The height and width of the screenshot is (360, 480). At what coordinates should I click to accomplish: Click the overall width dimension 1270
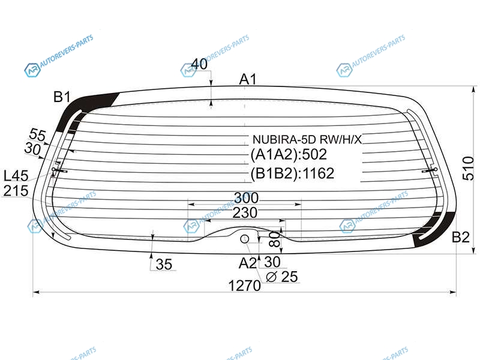click(245, 286)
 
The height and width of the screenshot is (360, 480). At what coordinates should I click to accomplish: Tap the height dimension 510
click(468, 168)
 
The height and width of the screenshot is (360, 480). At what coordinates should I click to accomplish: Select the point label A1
click(248, 79)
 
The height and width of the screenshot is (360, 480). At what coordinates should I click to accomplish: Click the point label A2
click(247, 263)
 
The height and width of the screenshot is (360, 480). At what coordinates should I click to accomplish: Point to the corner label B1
click(62, 97)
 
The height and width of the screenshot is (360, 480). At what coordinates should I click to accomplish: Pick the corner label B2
click(461, 237)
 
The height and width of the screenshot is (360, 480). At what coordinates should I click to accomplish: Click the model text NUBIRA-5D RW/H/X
click(307, 140)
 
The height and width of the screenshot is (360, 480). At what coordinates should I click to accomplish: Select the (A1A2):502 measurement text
click(289, 155)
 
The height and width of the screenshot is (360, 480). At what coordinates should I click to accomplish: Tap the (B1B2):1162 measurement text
click(292, 173)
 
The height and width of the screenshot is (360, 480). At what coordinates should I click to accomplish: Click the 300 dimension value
click(246, 198)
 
